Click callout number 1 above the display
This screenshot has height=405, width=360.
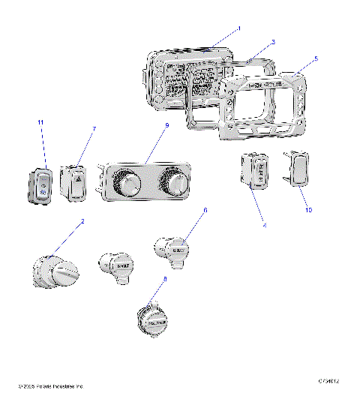(x=238, y=28)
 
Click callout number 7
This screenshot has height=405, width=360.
(x=94, y=129)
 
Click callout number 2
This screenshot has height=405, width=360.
(x=82, y=221)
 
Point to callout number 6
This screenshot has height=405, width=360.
(x=205, y=211)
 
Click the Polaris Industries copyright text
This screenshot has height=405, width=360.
(x=50, y=386)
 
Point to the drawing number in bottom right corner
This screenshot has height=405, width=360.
(x=328, y=382)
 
